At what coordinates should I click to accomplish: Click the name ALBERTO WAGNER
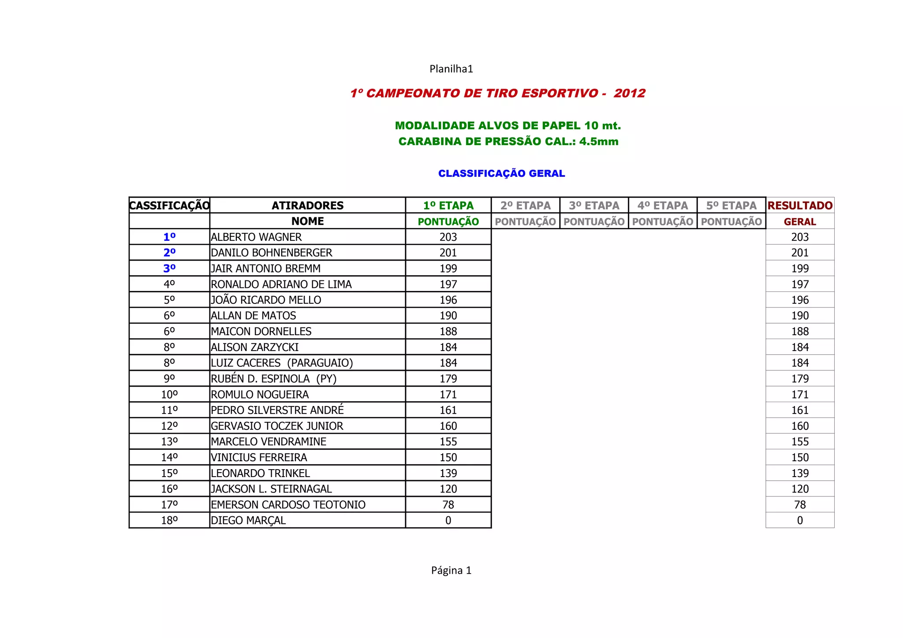(x=256, y=237)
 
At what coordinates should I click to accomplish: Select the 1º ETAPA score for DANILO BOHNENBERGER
(x=448, y=253)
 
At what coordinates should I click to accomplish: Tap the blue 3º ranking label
(x=169, y=269)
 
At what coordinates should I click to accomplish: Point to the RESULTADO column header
(x=800, y=205)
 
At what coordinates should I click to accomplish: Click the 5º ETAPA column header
(x=731, y=205)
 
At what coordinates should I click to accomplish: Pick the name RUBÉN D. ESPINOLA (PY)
(x=273, y=379)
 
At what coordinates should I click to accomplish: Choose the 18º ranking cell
(x=169, y=521)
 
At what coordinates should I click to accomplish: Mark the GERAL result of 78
(x=800, y=505)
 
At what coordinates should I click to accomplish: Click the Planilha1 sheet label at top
(x=451, y=69)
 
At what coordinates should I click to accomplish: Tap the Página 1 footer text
(x=451, y=571)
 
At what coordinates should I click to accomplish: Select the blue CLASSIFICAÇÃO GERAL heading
(x=501, y=174)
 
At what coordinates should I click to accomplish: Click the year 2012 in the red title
(x=629, y=93)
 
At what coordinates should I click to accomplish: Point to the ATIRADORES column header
(x=307, y=205)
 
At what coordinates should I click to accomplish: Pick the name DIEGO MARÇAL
(x=248, y=521)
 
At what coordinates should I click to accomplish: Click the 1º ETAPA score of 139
(x=448, y=474)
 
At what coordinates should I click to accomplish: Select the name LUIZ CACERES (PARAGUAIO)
(x=282, y=363)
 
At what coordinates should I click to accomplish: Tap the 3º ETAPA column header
(x=594, y=205)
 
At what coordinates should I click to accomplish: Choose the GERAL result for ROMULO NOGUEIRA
(x=800, y=395)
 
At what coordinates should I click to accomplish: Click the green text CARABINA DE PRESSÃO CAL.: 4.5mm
(x=508, y=142)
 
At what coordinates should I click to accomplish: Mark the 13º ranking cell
(x=169, y=442)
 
